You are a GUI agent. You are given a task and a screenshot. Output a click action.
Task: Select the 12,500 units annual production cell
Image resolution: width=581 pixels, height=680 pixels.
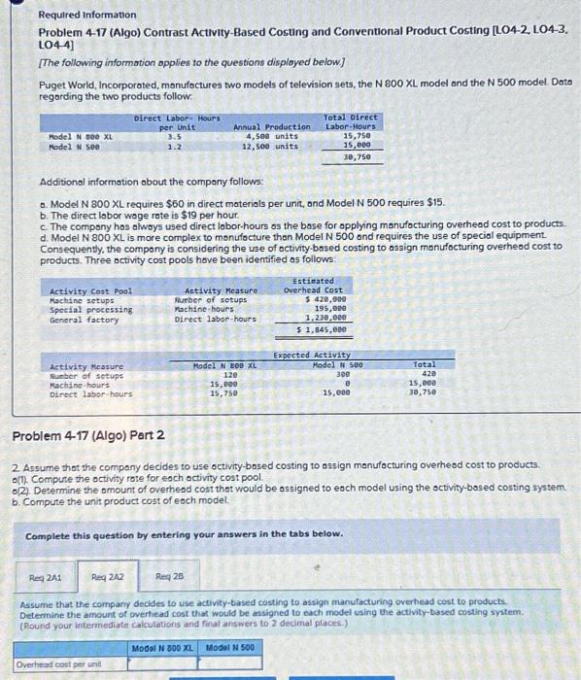(x=269, y=146)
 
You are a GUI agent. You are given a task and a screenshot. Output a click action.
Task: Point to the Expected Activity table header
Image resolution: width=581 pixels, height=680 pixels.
(x=313, y=357)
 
